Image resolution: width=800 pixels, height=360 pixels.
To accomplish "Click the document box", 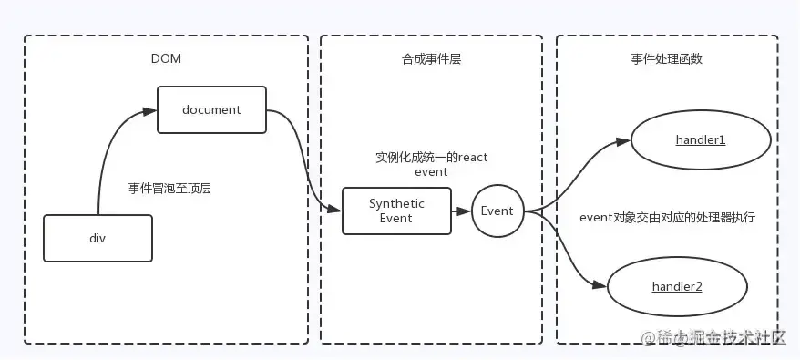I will click(x=211, y=110).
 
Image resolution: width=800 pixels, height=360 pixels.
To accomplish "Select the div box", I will click(x=97, y=237).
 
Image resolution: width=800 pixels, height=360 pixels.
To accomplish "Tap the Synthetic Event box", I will click(x=396, y=211).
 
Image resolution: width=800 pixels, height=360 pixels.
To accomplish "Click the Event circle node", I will click(x=497, y=211).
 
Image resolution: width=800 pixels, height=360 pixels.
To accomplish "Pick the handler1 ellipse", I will click(x=700, y=140).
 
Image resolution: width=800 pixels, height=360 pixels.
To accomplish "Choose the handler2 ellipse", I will click(x=676, y=286).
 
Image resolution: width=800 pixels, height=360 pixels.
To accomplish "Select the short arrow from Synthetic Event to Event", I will click(x=460, y=211).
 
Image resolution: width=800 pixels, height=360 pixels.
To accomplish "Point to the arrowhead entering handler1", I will click(x=624, y=141).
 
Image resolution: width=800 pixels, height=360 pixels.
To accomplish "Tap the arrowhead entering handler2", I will click(x=600, y=285).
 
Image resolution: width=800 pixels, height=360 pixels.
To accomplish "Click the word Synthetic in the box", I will click(x=396, y=203).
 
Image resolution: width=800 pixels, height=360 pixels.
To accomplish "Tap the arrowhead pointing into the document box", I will click(x=150, y=110).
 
